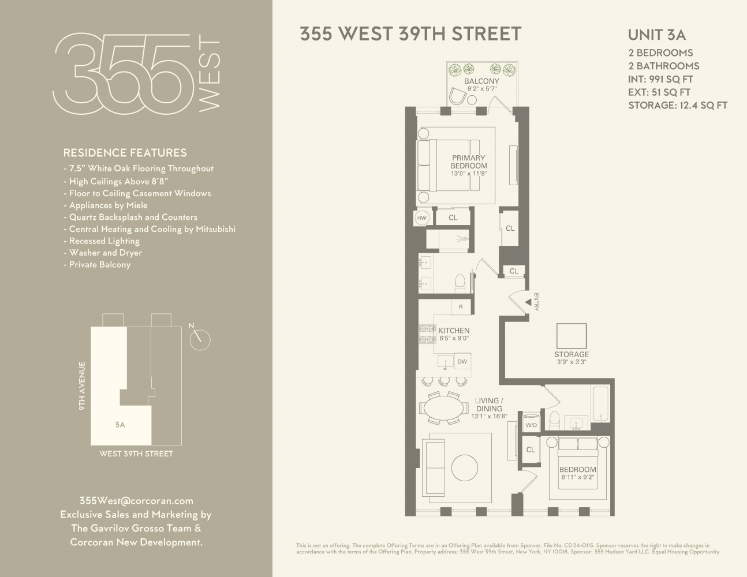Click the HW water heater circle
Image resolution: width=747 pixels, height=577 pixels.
pyautogui.click(x=421, y=218)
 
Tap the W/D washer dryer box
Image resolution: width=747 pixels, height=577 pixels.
pyautogui.click(x=531, y=425)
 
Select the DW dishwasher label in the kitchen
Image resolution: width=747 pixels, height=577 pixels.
pyautogui.click(x=462, y=362)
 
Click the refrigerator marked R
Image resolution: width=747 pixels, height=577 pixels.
pyautogui.click(x=461, y=307)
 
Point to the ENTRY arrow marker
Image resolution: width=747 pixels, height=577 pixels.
pyautogui.click(x=528, y=302)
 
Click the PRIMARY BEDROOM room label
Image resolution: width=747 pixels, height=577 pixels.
pyautogui.click(x=469, y=162)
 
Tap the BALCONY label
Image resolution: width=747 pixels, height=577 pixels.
pyautogui.click(x=481, y=81)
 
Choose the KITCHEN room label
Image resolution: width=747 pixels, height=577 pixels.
pyautogui.click(x=454, y=331)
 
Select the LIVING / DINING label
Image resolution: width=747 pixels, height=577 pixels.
pyautogui.click(x=489, y=404)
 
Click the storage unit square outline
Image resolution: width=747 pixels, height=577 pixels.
pyautogui.click(x=571, y=336)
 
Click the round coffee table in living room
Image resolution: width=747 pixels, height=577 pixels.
pyautogui.click(x=464, y=468)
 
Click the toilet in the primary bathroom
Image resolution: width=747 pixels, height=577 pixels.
pyautogui.click(x=460, y=283)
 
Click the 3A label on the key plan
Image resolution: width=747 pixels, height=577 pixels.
pyautogui.click(x=120, y=425)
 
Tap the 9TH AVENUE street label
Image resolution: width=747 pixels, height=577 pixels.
pyautogui.click(x=83, y=385)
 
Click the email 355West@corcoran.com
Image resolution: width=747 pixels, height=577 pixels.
pyautogui.click(x=136, y=501)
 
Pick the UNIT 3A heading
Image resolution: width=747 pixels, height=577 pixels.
pyautogui.click(x=656, y=35)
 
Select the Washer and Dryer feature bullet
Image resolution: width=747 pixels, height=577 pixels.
pyautogui.click(x=105, y=253)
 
